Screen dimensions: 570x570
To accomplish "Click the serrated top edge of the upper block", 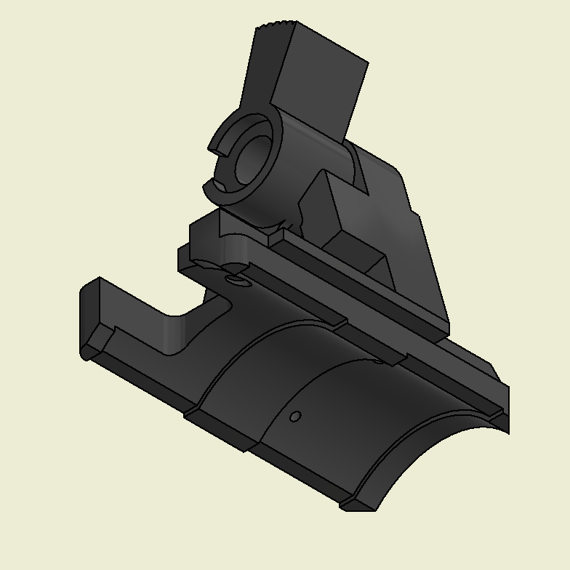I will [276, 29].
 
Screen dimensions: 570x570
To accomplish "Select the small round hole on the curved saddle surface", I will [295, 417].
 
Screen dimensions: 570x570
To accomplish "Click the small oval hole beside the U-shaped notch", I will [234, 280].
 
